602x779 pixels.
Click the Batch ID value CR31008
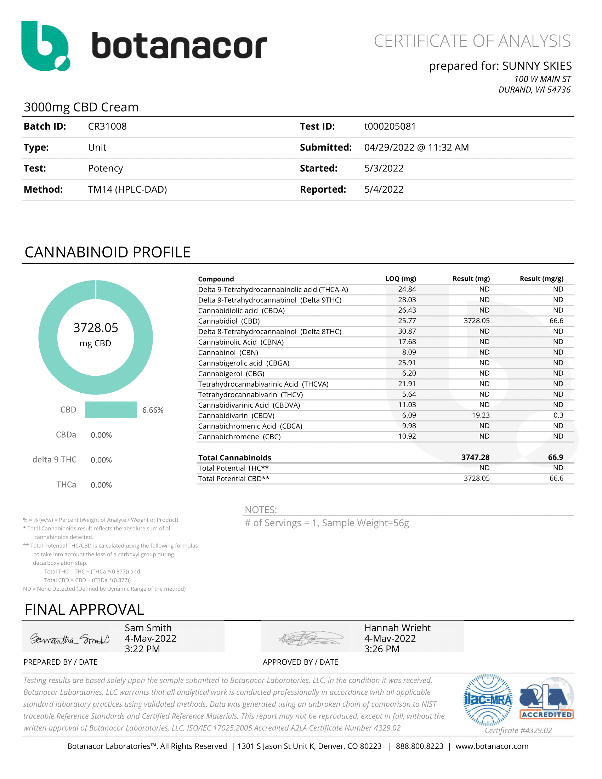click(107, 127)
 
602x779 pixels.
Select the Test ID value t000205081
click(390, 127)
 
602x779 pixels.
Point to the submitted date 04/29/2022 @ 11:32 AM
click(416, 148)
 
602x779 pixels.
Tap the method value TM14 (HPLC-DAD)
click(127, 189)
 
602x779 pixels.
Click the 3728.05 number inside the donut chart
click(96, 328)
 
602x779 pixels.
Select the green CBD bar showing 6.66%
click(110, 410)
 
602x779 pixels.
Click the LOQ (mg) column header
click(401, 279)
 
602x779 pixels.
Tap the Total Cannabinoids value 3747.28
click(475, 457)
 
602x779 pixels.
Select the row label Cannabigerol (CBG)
click(231, 374)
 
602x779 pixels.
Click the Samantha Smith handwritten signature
click(70, 639)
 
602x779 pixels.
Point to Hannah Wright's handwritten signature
click(310, 638)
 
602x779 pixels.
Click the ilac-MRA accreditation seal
click(488, 700)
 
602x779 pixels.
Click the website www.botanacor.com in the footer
click(492, 746)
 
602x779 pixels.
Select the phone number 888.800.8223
click(419, 746)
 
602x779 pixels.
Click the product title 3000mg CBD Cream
click(81, 107)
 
